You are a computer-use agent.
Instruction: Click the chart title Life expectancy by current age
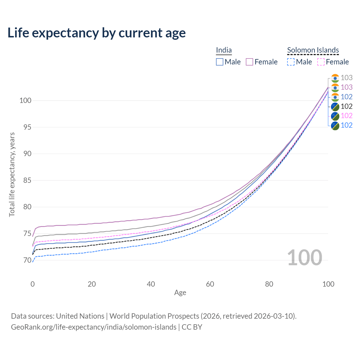coord(96,33)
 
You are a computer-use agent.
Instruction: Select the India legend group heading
coord(224,50)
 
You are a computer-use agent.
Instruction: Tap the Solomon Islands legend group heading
coord(313,50)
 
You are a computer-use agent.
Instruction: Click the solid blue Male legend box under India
coord(220,62)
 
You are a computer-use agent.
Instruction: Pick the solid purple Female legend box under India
coord(249,62)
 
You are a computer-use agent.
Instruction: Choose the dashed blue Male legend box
coord(291,62)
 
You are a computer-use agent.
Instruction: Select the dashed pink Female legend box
coord(321,62)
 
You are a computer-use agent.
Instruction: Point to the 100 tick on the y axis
coord(25,100)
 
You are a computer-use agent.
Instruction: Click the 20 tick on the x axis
coord(92,284)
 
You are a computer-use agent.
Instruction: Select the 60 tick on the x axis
coord(210,284)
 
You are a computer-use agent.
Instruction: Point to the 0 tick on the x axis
coord(33,284)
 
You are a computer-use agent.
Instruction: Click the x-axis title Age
coord(180,292)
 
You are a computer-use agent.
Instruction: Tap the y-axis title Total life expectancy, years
coord(12,174)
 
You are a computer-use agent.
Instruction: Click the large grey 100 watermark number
coord(304,257)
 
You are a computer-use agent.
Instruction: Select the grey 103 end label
coord(346,78)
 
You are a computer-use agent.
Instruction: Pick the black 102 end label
coord(346,106)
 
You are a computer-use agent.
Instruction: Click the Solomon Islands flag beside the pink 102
coord(335,116)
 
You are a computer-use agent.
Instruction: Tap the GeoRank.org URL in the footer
coord(94,327)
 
